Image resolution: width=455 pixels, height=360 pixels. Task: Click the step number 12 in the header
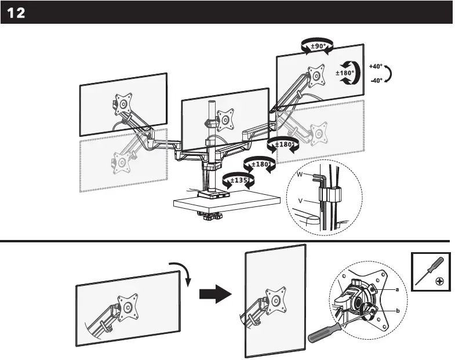(16, 13)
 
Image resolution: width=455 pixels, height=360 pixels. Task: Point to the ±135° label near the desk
(239, 181)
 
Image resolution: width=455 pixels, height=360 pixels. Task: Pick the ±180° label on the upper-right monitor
(345, 73)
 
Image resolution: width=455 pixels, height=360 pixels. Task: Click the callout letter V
(300, 201)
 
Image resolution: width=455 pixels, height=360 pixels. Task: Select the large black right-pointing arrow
(215, 295)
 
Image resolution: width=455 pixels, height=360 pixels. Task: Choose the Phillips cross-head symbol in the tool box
(441, 282)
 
